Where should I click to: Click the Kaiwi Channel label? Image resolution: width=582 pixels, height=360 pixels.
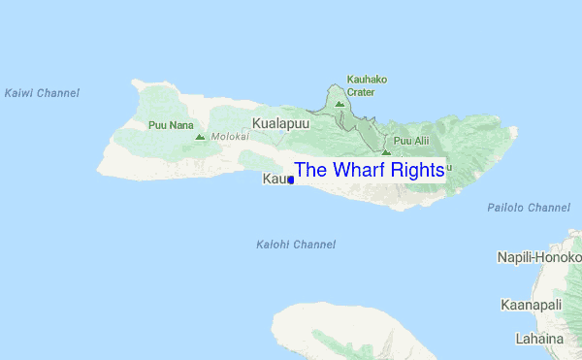coord(42,93)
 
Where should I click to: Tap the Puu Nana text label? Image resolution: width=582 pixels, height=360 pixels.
coord(171,125)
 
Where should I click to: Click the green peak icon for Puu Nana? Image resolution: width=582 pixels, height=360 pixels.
coord(200,137)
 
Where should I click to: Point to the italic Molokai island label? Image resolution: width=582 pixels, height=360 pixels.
coord(230,137)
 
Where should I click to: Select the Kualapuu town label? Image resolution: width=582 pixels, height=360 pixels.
coord(281,123)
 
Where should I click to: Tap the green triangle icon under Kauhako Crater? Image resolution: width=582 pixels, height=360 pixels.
coord(339,103)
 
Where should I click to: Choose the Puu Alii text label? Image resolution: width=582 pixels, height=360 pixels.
coord(411,141)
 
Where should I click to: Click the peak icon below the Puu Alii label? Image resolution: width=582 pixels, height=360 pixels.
coord(386,152)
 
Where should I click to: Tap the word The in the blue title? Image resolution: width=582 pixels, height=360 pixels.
coord(310,170)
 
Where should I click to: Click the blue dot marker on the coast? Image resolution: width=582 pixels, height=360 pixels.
coord(290,180)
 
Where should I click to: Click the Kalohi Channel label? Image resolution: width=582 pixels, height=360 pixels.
coord(296,245)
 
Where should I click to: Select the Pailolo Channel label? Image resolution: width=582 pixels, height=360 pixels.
coord(528,208)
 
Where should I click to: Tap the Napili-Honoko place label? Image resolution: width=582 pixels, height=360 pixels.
coord(538,256)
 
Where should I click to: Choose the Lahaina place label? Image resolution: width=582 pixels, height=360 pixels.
coord(539,339)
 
